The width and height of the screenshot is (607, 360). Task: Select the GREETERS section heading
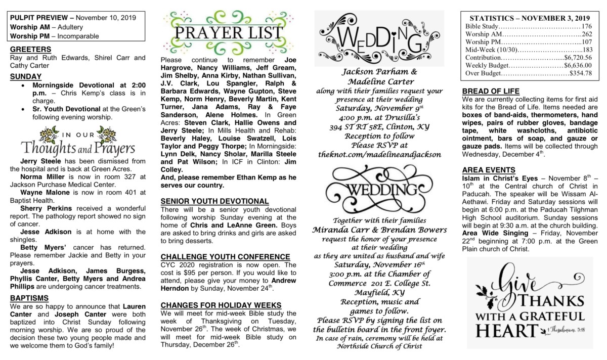click(x=30, y=50)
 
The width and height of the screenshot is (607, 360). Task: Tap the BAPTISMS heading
click(x=29, y=298)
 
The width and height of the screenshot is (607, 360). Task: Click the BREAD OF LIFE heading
click(x=491, y=91)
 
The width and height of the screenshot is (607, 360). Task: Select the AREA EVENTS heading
click(x=489, y=170)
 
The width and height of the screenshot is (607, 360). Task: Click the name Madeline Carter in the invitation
click(x=381, y=82)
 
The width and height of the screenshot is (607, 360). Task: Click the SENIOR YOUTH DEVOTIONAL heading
click(x=214, y=201)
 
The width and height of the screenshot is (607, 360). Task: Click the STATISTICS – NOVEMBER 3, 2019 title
click(x=530, y=17)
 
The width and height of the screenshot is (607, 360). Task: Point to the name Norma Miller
click(x=41, y=176)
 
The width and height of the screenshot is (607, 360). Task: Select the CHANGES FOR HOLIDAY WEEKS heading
click(x=221, y=305)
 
